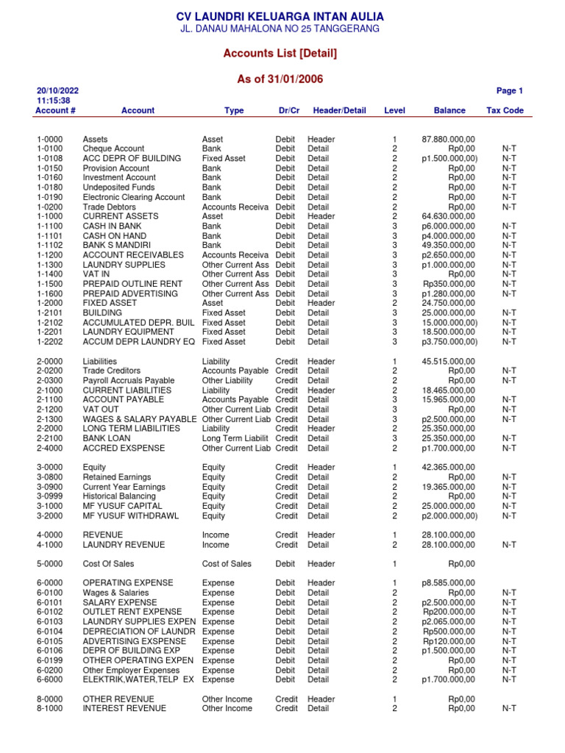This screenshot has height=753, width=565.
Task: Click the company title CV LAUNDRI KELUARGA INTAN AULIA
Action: pos(280,16)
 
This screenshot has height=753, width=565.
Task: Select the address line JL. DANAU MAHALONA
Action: pos(280,29)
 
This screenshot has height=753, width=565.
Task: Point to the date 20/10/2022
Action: pos(57,91)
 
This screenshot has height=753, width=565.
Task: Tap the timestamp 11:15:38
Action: pos(53,101)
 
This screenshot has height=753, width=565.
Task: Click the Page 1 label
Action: pos(509,91)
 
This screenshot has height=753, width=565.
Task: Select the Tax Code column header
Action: pos(505,110)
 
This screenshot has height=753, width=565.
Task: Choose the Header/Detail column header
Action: pos(339,110)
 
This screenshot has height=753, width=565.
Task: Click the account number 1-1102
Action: pos(49,245)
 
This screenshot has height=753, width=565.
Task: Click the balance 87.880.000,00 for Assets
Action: pos(448,139)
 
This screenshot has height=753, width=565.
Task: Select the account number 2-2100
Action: pos(49,438)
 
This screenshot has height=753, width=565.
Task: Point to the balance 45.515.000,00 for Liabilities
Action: pos(448,362)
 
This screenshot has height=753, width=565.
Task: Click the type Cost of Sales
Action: pos(226,564)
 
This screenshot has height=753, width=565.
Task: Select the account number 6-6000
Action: pos(49,679)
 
